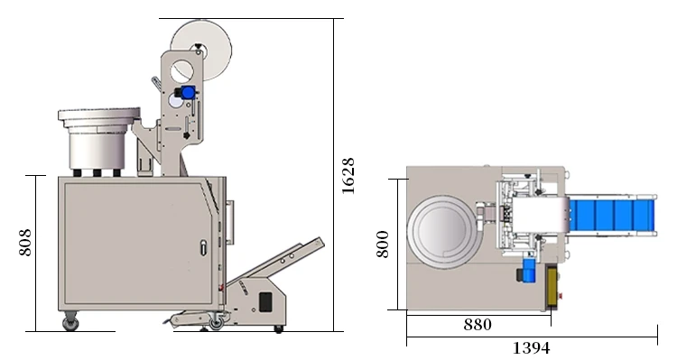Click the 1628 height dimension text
click(x=348, y=175)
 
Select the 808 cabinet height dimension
click(x=25, y=241)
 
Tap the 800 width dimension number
click(x=383, y=245)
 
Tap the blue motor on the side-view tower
click(x=188, y=92)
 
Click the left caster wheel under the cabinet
click(x=70, y=322)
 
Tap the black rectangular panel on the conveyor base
click(x=264, y=301)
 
